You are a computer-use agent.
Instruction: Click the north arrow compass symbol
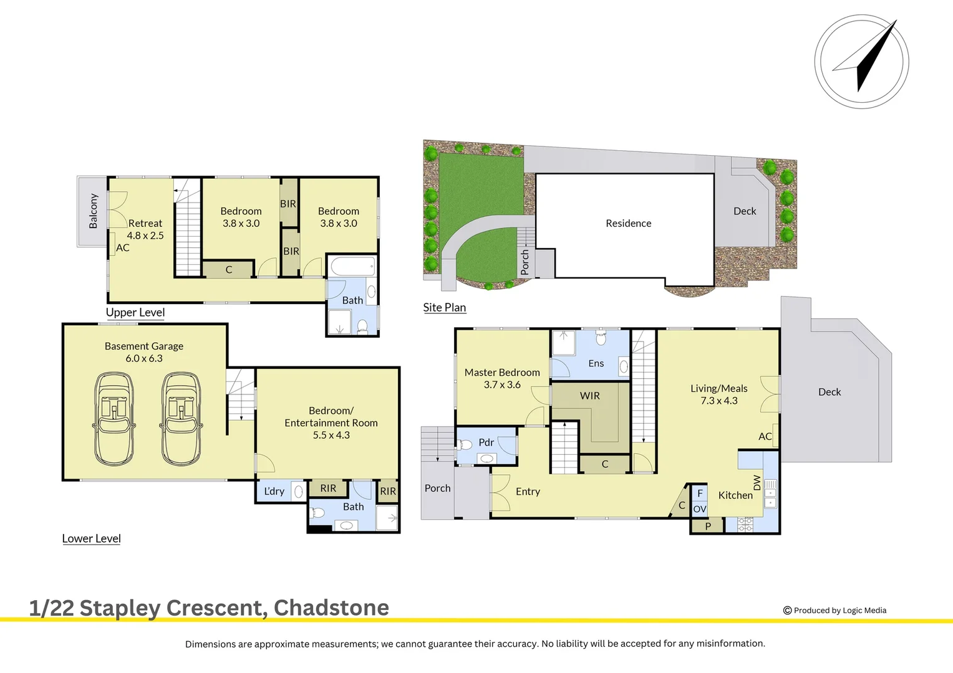click(861, 62)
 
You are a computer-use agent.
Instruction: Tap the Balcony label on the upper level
click(93, 211)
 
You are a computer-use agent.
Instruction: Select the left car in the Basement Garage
click(114, 419)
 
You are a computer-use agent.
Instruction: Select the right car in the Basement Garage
click(181, 419)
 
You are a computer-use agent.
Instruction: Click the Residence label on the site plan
click(628, 223)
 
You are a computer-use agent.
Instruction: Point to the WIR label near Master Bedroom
click(589, 396)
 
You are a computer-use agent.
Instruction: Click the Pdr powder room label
click(486, 442)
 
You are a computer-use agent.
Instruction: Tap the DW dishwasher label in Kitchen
click(757, 482)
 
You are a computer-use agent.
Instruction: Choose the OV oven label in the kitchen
click(700, 509)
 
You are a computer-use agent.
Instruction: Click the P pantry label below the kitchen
click(708, 526)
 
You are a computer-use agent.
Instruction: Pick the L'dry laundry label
click(274, 491)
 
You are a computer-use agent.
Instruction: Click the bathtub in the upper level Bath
click(352, 267)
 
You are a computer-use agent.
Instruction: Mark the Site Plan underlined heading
click(444, 307)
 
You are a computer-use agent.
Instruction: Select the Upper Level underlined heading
click(135, 312)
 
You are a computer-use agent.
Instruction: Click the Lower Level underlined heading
click(91, 538)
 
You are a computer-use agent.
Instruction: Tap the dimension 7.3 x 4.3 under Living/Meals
click(718, 401)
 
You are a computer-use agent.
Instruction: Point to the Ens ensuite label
click(596, 363)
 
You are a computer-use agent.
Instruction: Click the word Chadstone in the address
click(331, 608)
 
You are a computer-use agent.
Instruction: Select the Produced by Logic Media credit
click(834, 610)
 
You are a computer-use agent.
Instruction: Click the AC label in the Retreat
click(123, 247)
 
